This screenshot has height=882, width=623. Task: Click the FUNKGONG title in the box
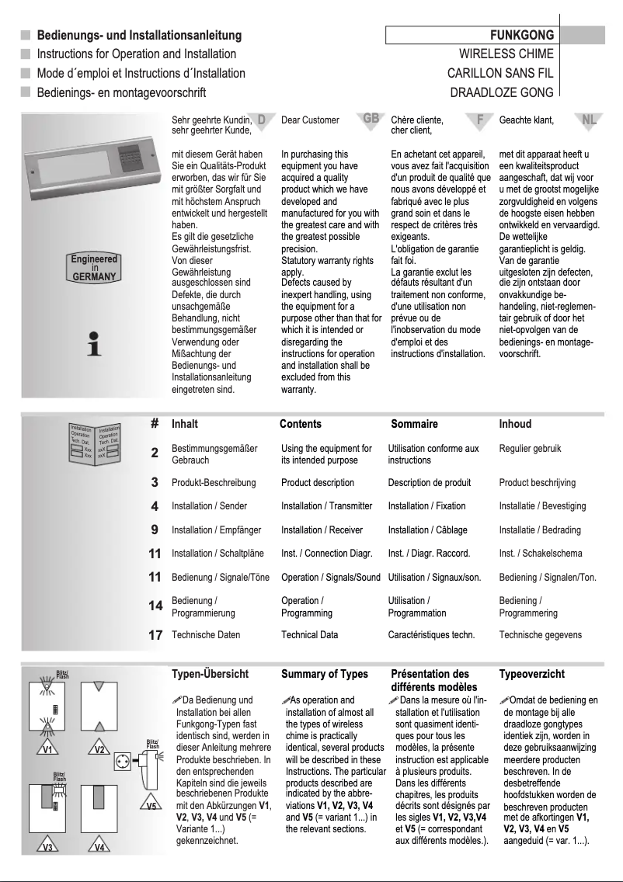(x=521, y=35)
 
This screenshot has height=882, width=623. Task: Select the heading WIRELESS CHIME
(x=506, y=54)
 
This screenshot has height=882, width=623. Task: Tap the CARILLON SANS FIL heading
(x=500, y=74)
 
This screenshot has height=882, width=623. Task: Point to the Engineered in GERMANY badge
(x=93, y=267)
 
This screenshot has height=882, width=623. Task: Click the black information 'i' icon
(x=94, y=343)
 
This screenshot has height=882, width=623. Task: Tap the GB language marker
(x=371, y=119)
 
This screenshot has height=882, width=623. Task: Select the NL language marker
(x=590, y=119)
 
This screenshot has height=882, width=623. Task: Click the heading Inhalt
(x=185, y=424)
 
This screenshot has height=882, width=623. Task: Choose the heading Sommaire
(x=414, y=424)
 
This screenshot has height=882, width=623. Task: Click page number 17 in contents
(x=155, y=635)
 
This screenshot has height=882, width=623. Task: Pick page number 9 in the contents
(x=155, y=530)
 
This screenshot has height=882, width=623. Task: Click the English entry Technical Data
(x=309, y=635)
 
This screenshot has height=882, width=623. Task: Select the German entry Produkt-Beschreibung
(x=211, y=483)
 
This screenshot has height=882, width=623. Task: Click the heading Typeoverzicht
(x=531, y=675)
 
